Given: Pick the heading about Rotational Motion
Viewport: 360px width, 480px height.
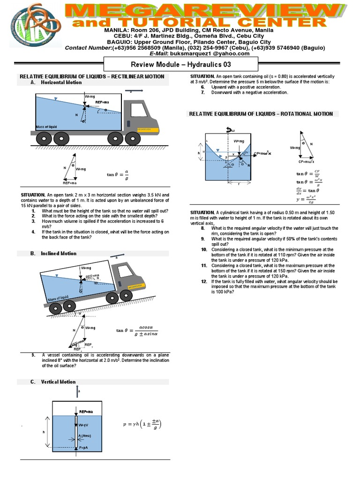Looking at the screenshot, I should click(261, 114).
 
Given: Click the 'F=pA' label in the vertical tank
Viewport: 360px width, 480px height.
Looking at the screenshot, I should click(85, 448).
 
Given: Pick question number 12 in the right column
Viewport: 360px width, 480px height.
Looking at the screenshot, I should click(204, 281).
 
